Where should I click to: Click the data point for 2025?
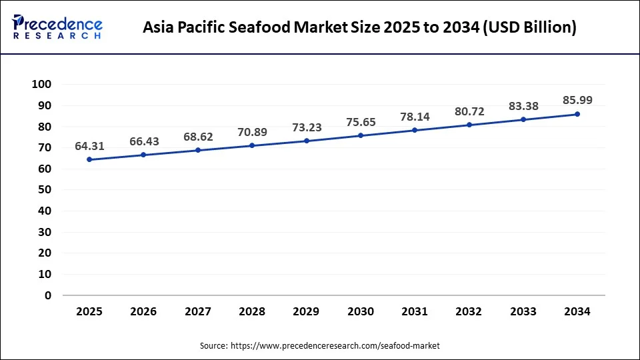click(89, 159)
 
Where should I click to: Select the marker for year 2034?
click(577, 114)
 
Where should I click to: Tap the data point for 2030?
click(360, 135)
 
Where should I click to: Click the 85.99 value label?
click(577, 100)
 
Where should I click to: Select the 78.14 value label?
click(414, 117)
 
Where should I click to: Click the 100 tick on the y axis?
click(41, 84)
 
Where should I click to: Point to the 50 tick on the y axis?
click(45, 189)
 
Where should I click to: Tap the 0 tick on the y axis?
click(48, 295)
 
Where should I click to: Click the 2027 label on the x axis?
click(197, 311)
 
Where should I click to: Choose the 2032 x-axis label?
click(469, 311)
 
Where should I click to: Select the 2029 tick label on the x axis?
click(306, 311)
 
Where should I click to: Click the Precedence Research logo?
click(57, 27)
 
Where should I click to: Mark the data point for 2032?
click(469, 125)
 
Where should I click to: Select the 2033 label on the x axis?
click(523, 311)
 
